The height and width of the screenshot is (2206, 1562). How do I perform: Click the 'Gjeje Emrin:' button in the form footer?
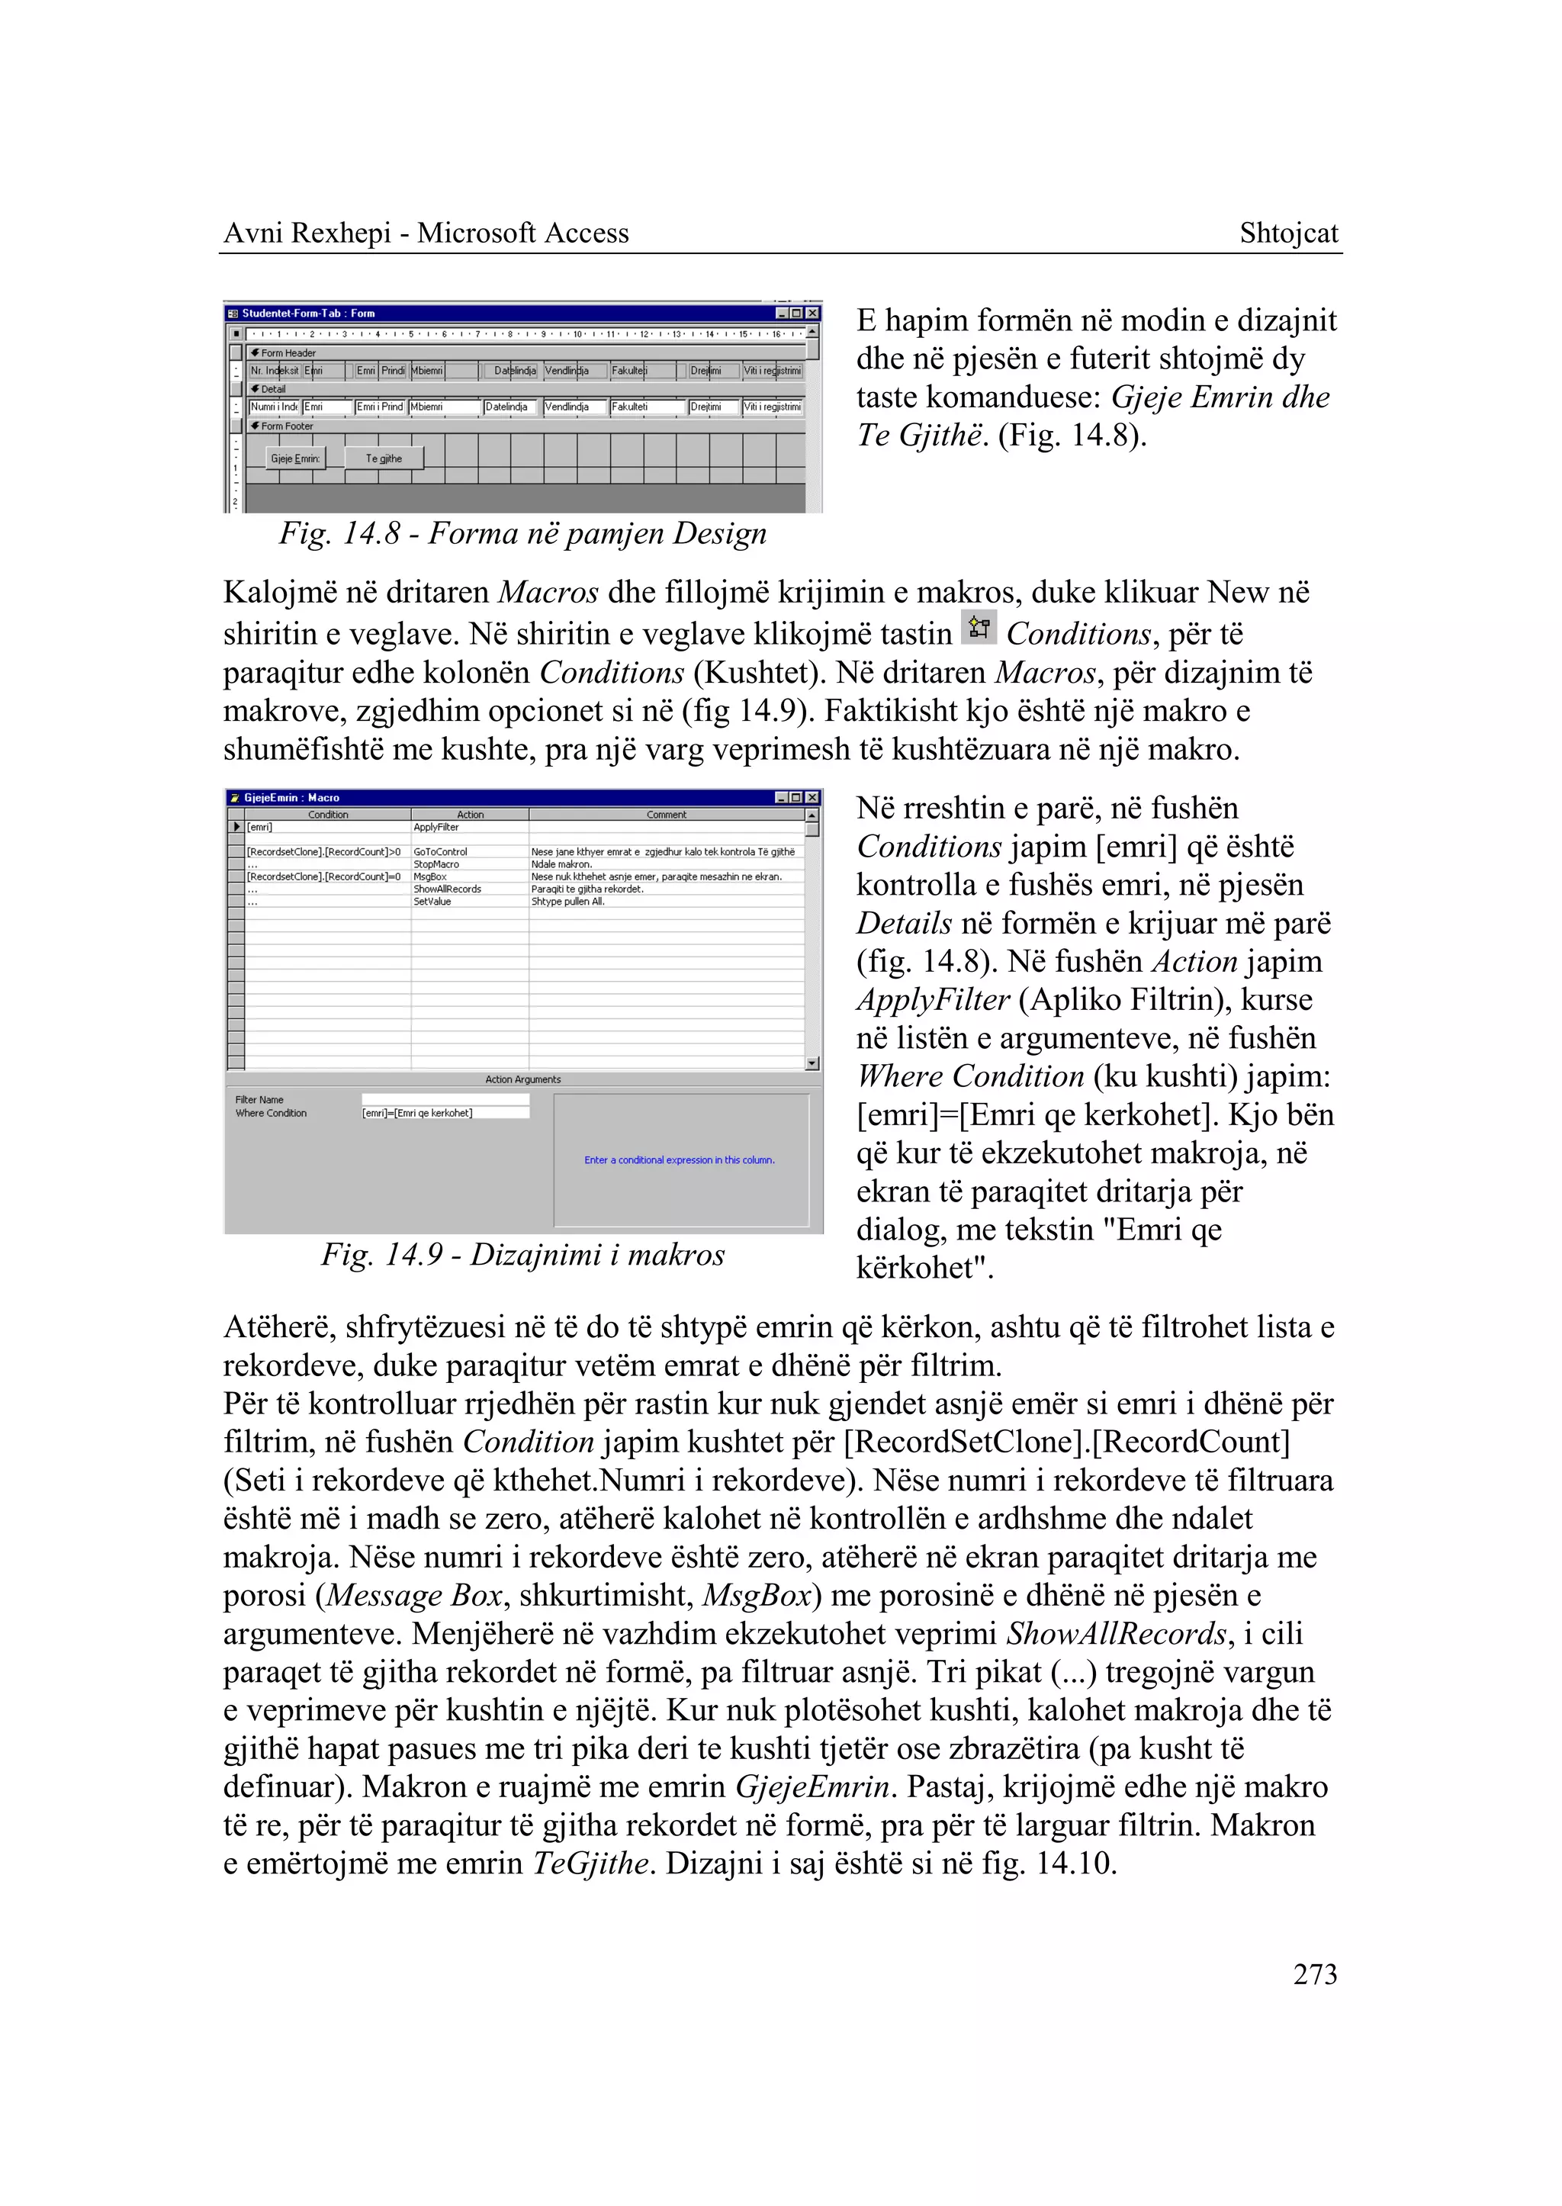pyautogui.click(x=295, y=459)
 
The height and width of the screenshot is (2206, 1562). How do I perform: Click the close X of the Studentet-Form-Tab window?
pyautogui.click(x=813, y=314)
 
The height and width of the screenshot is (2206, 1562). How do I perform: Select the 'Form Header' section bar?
pyautogui.click(x=288, y=353)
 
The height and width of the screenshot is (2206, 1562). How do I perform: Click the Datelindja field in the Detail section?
pyautogui.click(x=509, y=407)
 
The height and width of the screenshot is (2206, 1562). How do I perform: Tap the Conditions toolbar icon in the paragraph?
pyautogui.click(x=979, y=629)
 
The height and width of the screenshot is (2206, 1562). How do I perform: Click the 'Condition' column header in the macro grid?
pyautogui.click(x=328, y=815)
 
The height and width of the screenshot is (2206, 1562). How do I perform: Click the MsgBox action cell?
pyautogui.click(x=430, y=876)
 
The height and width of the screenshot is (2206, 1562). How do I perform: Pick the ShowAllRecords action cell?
pyautogui.click(x=447, y=889)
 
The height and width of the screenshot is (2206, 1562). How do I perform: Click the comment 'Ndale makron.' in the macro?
pyautogui.click(x=561, y=864)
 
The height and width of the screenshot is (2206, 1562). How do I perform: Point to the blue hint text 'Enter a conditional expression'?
pyautogui.click(x=679, y=1160)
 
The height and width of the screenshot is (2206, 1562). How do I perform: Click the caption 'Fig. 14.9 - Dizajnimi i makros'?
pyautogui.click(x=522, y=1255)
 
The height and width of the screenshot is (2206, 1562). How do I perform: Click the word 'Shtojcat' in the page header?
pyautogui.click(x=1288, y=233)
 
